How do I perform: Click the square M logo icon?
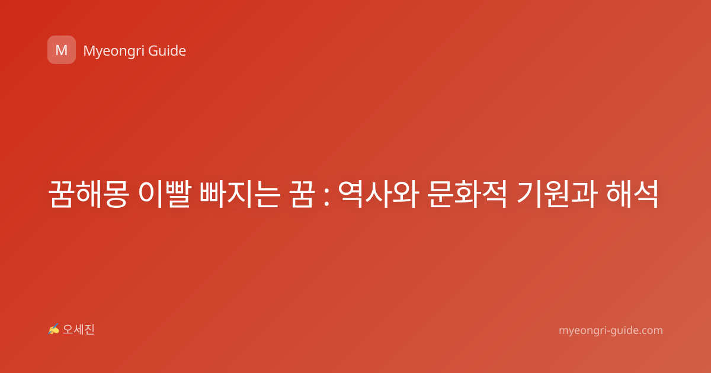62,50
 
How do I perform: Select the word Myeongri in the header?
113,52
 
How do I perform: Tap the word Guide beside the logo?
167,51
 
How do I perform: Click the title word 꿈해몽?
88,194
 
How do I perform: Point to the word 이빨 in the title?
165,194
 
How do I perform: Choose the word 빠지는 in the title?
241,194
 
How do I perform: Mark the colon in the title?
326,197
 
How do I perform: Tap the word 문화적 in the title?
467,194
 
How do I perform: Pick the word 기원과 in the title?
558,194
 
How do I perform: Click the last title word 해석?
632,194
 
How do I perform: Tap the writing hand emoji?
54,329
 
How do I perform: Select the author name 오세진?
78,330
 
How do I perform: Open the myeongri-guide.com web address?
611,330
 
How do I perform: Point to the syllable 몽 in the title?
116,194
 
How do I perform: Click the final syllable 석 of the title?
646,194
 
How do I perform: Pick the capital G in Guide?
153,51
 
